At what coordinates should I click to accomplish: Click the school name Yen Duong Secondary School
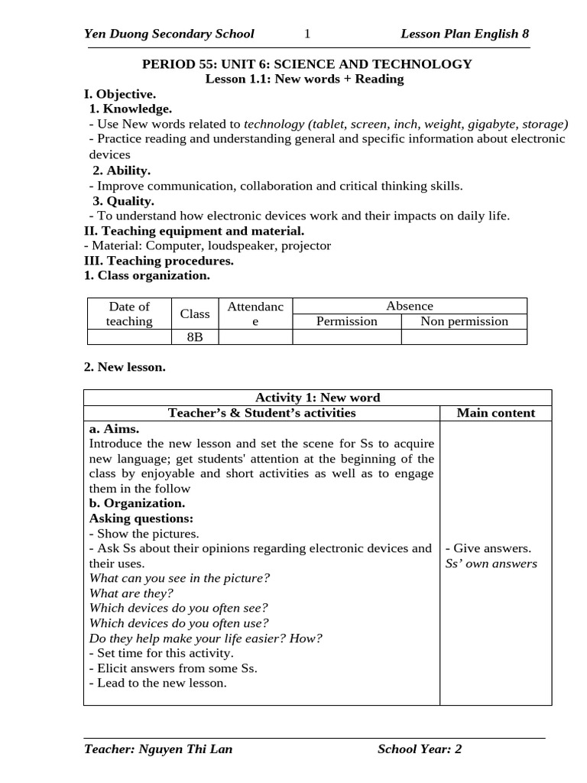pos(169,34)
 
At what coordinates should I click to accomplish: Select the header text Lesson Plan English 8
pos(465,34)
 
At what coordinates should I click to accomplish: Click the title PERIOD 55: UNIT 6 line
pos(306,64)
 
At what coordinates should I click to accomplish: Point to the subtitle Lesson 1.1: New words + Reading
pos(305,79)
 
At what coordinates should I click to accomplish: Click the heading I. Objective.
pos(120,94)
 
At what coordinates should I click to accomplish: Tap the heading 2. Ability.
pos(121,171)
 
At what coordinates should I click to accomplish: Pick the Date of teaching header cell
pos(129,314)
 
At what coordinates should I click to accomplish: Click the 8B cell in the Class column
pos(195,337)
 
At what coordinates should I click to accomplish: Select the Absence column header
pos(410,306)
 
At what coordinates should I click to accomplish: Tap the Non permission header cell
pos(464,321)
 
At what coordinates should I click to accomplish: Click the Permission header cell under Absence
pos(347,321)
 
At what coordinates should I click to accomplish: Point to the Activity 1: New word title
pos(317,398)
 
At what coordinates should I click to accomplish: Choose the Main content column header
pos(495,413)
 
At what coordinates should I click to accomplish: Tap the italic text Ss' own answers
pos(491,564)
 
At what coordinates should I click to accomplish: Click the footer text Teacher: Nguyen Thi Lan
pos(158,749)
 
